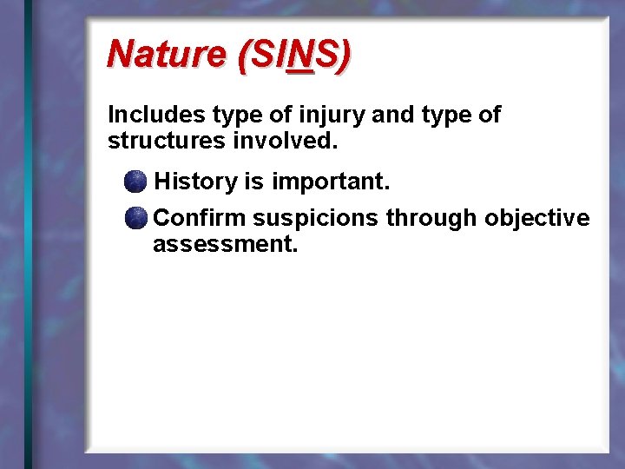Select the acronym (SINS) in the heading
(293, 55)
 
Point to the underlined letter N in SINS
(299, 55)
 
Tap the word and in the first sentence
(391, 115)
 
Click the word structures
(159, 140)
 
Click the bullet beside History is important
(135, 182)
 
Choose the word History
(195, 182)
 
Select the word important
(331, 182)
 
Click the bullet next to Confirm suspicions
(135, 218)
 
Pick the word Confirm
(199, 218)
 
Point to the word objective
(536, 219)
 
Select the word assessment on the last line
(225, 245)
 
